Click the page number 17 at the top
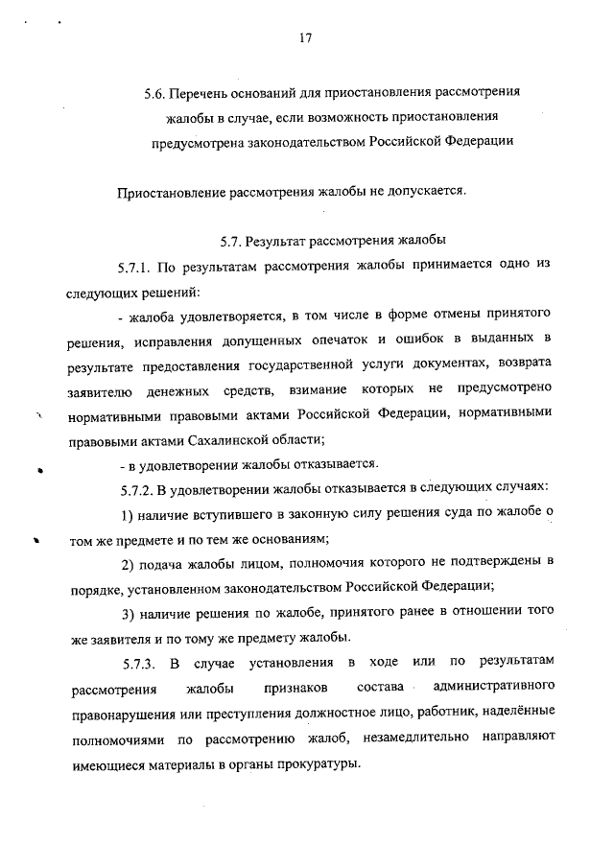[306, 38]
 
